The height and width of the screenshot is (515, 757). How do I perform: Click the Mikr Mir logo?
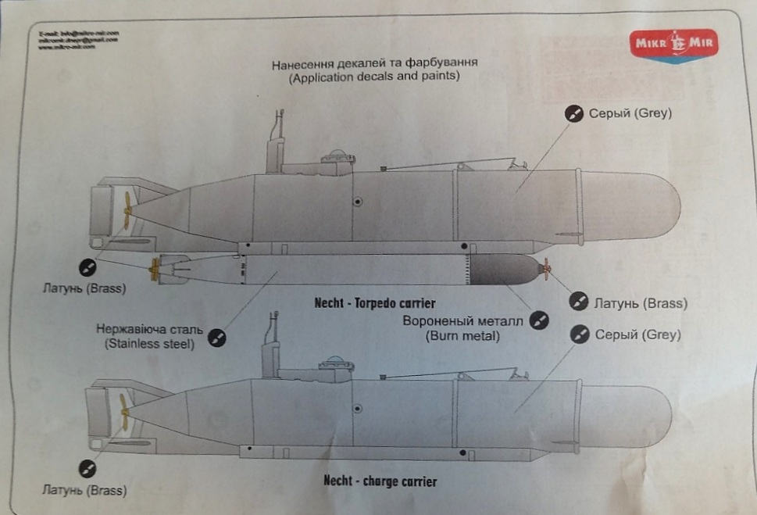point(673,44)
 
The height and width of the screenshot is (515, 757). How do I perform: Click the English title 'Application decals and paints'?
point(373,77)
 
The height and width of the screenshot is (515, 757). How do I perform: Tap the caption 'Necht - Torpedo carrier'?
point(374,302)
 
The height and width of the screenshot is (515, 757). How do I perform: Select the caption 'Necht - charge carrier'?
point(380,481)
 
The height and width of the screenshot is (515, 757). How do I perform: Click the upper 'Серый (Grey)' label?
point(630,113)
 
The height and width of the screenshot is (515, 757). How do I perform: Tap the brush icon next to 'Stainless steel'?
point(219,338)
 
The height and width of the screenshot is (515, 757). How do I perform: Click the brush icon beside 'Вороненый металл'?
point(538,320)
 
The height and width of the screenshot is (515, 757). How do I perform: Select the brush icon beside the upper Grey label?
point(574,114)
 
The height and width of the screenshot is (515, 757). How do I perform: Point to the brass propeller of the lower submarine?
point(123,408)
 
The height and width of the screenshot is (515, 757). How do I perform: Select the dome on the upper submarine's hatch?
point(336,153)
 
